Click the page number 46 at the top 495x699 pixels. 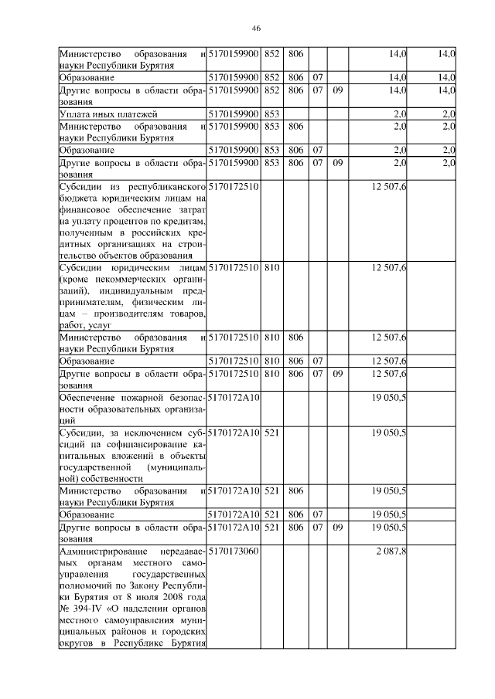(256, 29)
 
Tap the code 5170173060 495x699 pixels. (233, 551)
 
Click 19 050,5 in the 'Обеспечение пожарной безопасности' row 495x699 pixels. (389, 397)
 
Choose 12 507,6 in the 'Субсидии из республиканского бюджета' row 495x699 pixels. (389, 187)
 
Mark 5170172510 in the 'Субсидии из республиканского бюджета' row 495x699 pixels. (233, 187)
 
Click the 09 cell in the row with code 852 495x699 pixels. (337, 90)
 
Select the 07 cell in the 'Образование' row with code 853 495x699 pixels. (317, 149)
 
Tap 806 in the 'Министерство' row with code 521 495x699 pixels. (295, 490)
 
